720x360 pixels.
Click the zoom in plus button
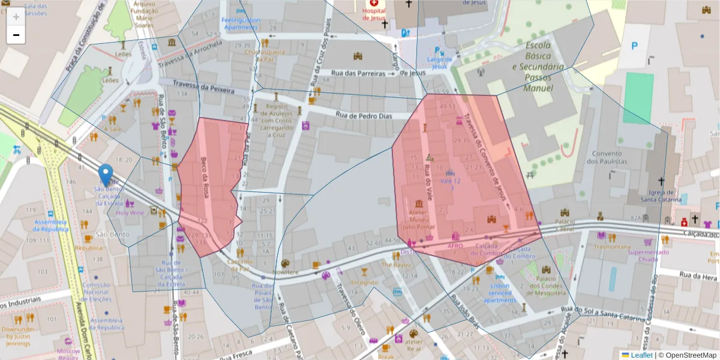[x=16, y=17]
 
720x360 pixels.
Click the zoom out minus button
[x=16, y=35]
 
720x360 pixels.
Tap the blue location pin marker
[x=106, y=175]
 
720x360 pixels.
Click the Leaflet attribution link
[x=641, y=355]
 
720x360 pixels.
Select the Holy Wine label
[x=130, y=212]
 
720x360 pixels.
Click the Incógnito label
[x=364, y=282]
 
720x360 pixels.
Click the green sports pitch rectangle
[x=638, y=97]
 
